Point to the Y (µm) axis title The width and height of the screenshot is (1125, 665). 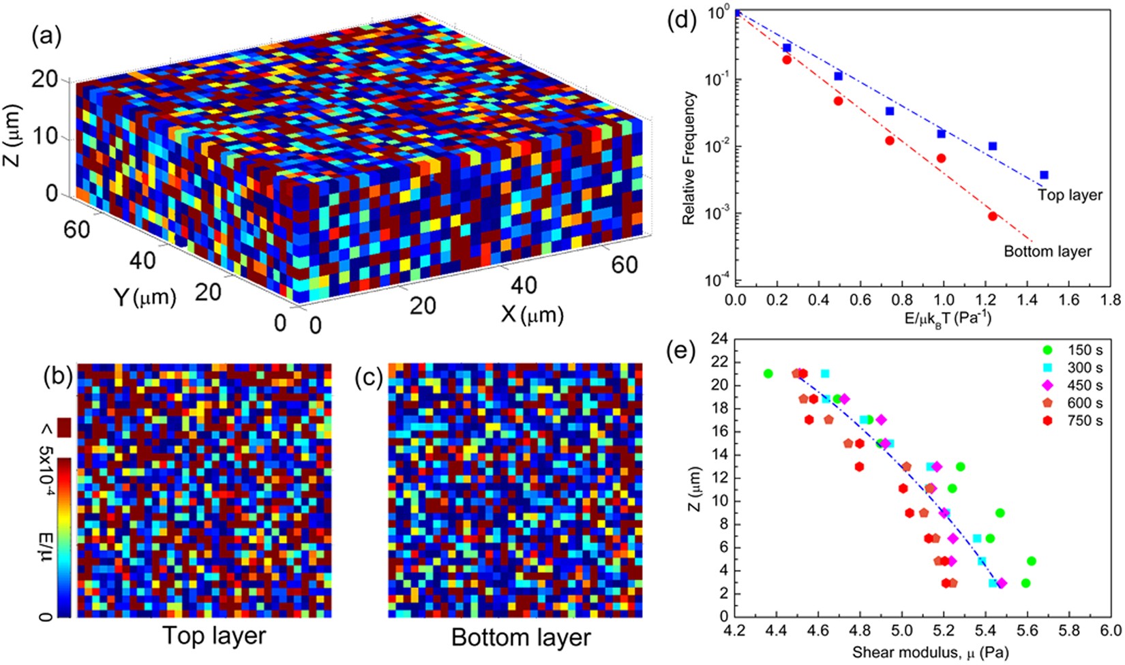pyautogui.click(x=145, y=297)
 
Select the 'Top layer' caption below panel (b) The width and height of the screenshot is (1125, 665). pyautogui.click(x=214, y=636)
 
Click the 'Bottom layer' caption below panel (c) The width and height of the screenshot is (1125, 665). pyautogui.click(x=521, y=638)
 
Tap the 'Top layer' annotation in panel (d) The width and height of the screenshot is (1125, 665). pyautogui.click(x=1069, y=195)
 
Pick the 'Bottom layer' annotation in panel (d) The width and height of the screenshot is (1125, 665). pyautogui.click(x=1047, y=251)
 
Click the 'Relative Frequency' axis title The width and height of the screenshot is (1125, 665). pyautogui.click(x=689, y=158)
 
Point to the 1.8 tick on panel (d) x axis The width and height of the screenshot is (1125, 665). pyautogui.click(x=1111, y=300)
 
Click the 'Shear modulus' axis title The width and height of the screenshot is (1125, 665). pyautogui.click(x=930, y=653)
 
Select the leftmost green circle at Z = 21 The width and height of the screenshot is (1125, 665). pyautogui.click(x=768, y=373)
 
